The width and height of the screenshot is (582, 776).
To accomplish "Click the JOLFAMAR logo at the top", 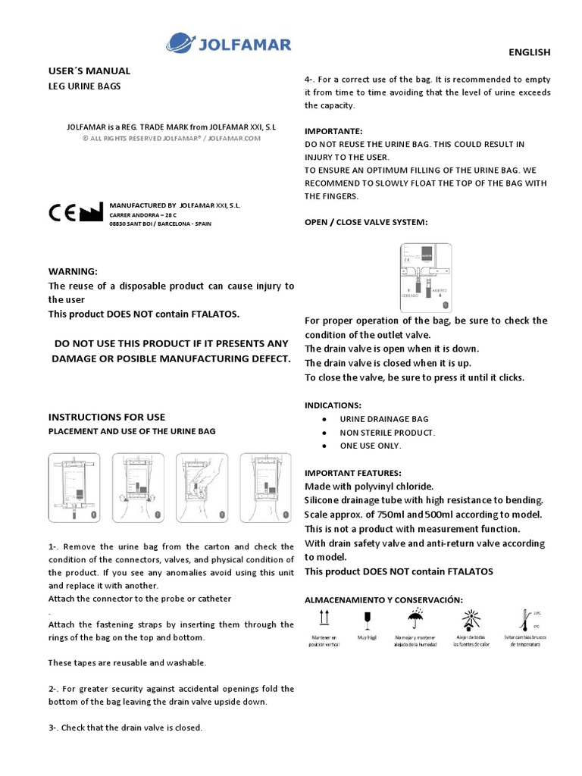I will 228,43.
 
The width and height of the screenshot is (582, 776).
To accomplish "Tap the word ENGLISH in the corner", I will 528,52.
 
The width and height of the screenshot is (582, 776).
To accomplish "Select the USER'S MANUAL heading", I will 89,71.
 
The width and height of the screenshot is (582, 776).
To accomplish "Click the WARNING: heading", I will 73,271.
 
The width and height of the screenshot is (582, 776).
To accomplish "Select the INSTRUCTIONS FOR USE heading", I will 106,417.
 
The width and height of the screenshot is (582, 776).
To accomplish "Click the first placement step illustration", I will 74,488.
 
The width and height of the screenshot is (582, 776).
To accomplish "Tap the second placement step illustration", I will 138,488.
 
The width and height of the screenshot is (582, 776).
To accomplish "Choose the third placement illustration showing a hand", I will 202,488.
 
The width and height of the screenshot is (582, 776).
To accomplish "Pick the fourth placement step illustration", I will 265,488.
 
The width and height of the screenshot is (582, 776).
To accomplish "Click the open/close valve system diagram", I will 425,277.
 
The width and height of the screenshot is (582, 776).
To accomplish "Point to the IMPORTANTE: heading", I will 333,130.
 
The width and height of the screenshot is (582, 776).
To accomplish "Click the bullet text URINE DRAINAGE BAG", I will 383,419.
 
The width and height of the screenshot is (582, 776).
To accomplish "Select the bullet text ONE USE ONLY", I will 370,446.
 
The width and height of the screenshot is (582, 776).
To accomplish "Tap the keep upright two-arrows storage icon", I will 324,619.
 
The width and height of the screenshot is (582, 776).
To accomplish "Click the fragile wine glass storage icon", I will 368,618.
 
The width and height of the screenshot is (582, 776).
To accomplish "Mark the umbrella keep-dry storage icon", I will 416,618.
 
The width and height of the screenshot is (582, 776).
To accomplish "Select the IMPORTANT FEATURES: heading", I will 352,473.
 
